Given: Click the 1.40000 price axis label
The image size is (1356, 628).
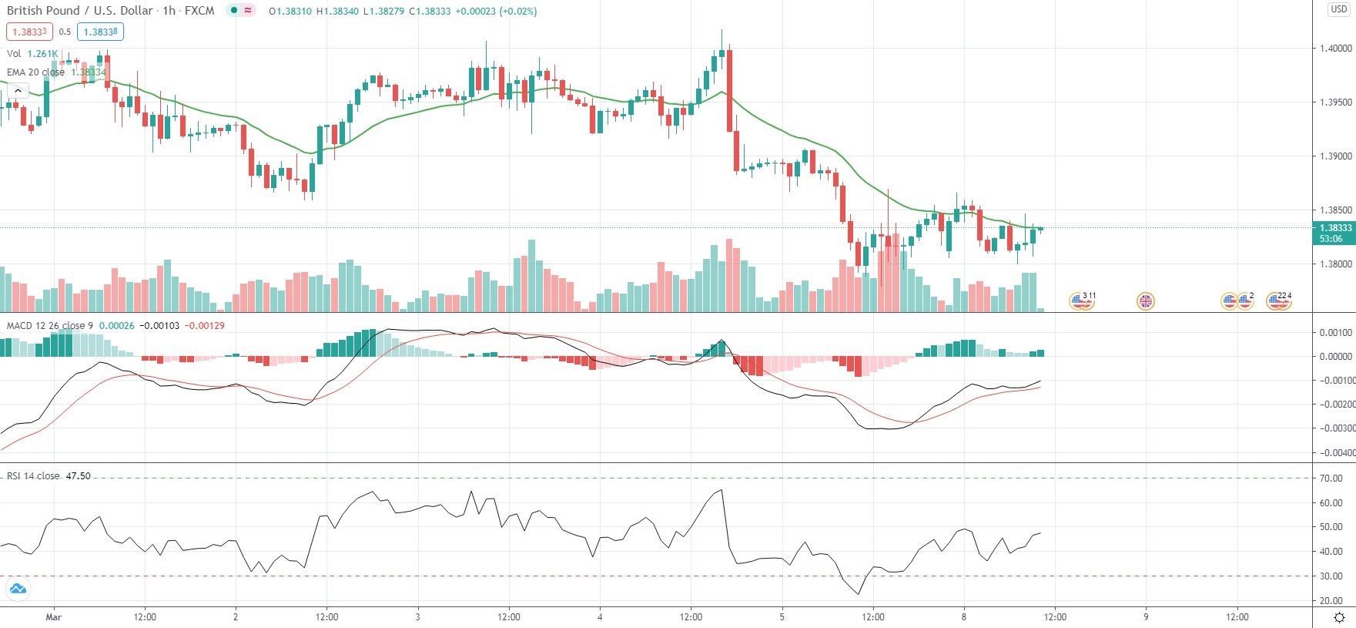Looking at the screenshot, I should (x=1335, y=48).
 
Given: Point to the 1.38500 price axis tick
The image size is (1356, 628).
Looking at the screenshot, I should (x=1335, y=210).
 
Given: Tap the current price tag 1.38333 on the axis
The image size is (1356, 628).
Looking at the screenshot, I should (x=1335, y=228).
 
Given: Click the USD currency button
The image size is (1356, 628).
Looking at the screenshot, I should (x=1339, y=9).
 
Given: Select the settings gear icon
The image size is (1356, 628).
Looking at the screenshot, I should (x=1339, y=617).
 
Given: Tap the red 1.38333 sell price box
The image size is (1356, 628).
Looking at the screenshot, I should (x=29, y=32).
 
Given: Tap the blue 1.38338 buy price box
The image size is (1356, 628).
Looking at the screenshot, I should (x=100, y=32).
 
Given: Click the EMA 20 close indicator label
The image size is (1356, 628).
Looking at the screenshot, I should (x=35, y=72).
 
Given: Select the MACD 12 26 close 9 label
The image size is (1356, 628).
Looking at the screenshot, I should (x=49, y=325).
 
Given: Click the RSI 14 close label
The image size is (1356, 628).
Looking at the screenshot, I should (x=33, y=475).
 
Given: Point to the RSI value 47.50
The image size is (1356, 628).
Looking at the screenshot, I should (x=79, y=475).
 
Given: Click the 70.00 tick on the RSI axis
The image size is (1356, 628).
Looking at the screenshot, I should (x=1331, y=478).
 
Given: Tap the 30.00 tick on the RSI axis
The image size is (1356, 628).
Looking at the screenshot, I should (x=1331, y=576).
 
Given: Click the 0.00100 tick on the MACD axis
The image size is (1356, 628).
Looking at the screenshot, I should (x=1334, y=333).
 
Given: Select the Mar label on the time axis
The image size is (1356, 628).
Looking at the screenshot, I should (x=53, y=616).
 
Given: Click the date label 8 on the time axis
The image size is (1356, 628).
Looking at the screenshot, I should (x=963, y=616).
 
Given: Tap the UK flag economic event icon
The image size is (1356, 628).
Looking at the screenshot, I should (x=1146, y=301).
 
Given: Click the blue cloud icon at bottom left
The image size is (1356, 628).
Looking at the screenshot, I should (x=17, y=589).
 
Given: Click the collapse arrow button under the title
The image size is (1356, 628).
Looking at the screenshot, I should (x=17, y=91).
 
